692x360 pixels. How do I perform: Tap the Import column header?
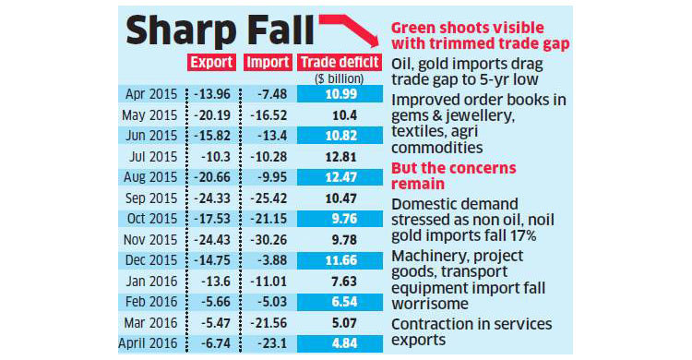point(268,64)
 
